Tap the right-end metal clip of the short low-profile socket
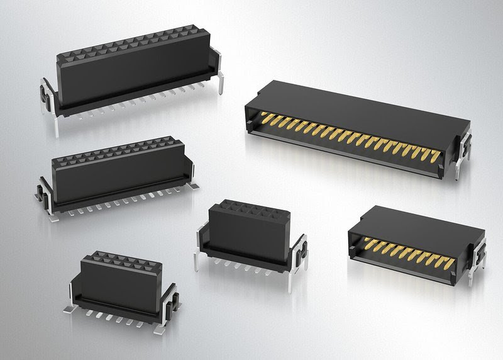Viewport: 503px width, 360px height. pyautogui.click(x=170, y=302)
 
